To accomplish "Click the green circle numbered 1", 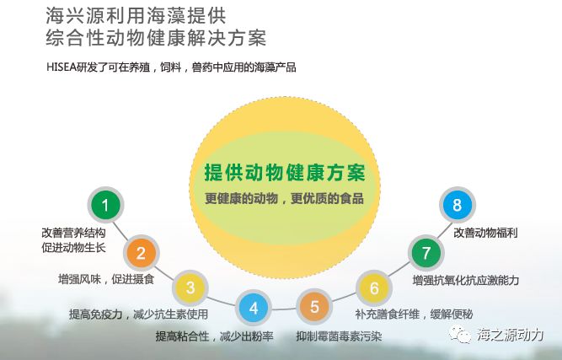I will [105, 205].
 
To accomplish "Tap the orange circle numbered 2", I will [142, 252].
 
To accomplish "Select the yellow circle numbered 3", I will [190, 288].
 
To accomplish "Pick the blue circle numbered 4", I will [254, 308].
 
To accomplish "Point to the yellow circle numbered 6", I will [375, 288].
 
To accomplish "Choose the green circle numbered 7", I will [426, 252].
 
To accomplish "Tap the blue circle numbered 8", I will [458, 205].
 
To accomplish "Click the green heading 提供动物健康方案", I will [284, 173].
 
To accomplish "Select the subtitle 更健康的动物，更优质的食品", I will [284, 199].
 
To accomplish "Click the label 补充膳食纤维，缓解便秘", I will [414, 315].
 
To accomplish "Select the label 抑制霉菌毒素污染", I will [338, 336].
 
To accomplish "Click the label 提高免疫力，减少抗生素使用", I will [138, 315].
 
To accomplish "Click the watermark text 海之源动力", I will [511, 336].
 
